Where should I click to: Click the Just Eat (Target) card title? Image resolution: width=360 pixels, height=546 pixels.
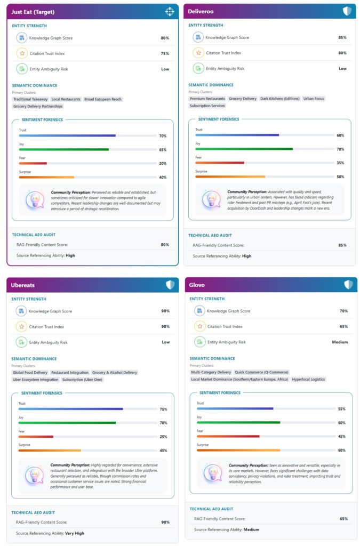click(33, 12)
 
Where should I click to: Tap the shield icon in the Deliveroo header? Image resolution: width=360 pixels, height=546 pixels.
click(347, 11)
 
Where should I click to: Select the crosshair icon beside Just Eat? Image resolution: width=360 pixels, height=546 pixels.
click(170, 12)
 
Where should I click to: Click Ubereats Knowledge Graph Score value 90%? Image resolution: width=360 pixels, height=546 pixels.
click(165, 311)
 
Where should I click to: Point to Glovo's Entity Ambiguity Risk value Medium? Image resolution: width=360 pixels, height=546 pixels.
click(340, 342)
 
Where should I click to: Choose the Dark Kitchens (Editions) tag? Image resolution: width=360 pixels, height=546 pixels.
click(280, 99)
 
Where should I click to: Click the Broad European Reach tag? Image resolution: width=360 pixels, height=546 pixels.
click(103, 99)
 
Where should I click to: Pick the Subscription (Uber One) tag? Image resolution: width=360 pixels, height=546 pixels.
click(82, 380)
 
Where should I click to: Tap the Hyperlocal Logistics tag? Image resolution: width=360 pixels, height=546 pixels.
click(308, 379)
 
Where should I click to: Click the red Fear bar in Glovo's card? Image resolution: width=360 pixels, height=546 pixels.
click(228, 436)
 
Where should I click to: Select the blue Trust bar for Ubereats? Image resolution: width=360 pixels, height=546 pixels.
click(71, 409)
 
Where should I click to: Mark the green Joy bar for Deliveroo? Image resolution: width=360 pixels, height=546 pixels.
click(244, 149)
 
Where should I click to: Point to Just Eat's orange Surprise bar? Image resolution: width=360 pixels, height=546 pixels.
click(46, 177)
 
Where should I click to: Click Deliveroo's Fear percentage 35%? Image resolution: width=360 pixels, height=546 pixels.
click(340, 163)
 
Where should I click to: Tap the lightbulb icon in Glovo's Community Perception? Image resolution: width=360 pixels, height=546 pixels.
click(213, 473)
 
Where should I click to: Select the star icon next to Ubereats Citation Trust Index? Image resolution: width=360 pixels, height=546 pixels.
click(21, 327)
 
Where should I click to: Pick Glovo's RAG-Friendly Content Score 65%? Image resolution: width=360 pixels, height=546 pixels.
click(343, 519)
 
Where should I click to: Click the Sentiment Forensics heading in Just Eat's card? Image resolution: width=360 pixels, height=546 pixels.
click(42, 120)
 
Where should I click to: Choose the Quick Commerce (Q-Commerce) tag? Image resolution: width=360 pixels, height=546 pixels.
click(261, 372)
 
